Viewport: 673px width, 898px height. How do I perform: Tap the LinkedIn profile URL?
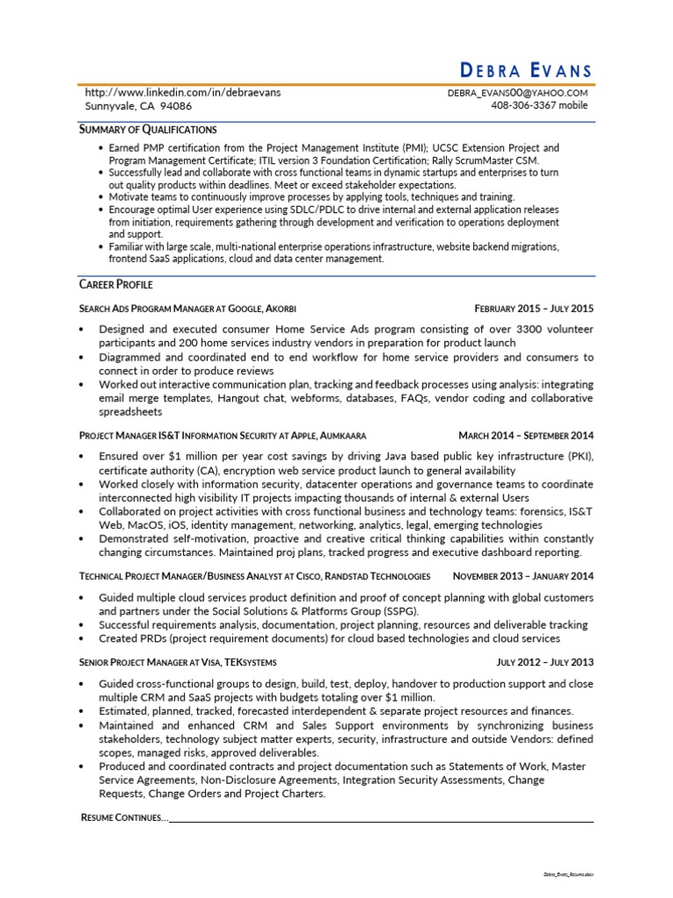(182, 92)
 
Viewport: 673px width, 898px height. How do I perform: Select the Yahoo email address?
(517, 92)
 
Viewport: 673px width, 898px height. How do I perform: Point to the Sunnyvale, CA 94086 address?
(138, 105)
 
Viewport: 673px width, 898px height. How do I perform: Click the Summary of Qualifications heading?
(147, 129)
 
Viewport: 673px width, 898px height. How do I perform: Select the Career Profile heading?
(116, 284)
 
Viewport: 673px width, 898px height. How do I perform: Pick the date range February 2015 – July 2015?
(534, 309)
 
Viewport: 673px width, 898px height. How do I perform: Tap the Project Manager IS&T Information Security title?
(222, 435)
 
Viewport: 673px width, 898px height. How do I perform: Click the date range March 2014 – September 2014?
(526, 435)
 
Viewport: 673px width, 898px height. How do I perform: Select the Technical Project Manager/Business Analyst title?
(254, 576)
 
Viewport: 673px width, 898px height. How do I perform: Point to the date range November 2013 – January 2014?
(523, 576)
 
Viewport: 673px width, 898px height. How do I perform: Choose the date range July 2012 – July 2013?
(544, 662)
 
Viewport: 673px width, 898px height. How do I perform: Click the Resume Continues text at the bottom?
(122, 817)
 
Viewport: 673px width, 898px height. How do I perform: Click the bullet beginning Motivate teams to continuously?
(311, 197)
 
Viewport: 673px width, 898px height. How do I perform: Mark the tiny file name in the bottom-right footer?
(567, 875)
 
